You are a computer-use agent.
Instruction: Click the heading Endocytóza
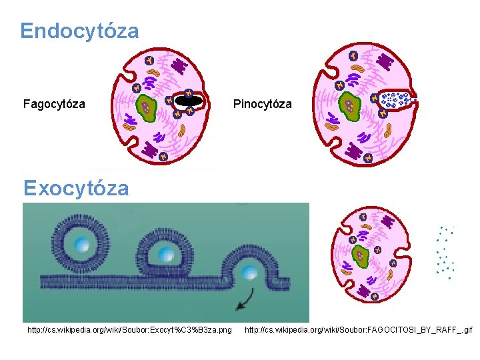point(79,31)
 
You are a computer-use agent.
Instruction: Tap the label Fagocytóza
point(54,104)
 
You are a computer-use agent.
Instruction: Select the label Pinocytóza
point(262,104)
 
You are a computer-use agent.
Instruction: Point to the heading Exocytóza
point(75,188)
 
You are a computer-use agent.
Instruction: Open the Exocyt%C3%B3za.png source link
point(130,329)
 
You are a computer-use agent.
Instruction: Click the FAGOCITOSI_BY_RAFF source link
point(359,329)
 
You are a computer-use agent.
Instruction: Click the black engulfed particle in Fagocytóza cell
point(189,101)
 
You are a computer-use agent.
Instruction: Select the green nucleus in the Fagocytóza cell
point(147,106)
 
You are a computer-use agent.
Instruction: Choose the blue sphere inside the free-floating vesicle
point(82,245)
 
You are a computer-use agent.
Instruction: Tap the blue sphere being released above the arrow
point(249,271)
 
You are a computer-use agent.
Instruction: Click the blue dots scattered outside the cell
point(445,253)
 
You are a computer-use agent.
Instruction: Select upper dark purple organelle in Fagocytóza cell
point(179,65)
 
